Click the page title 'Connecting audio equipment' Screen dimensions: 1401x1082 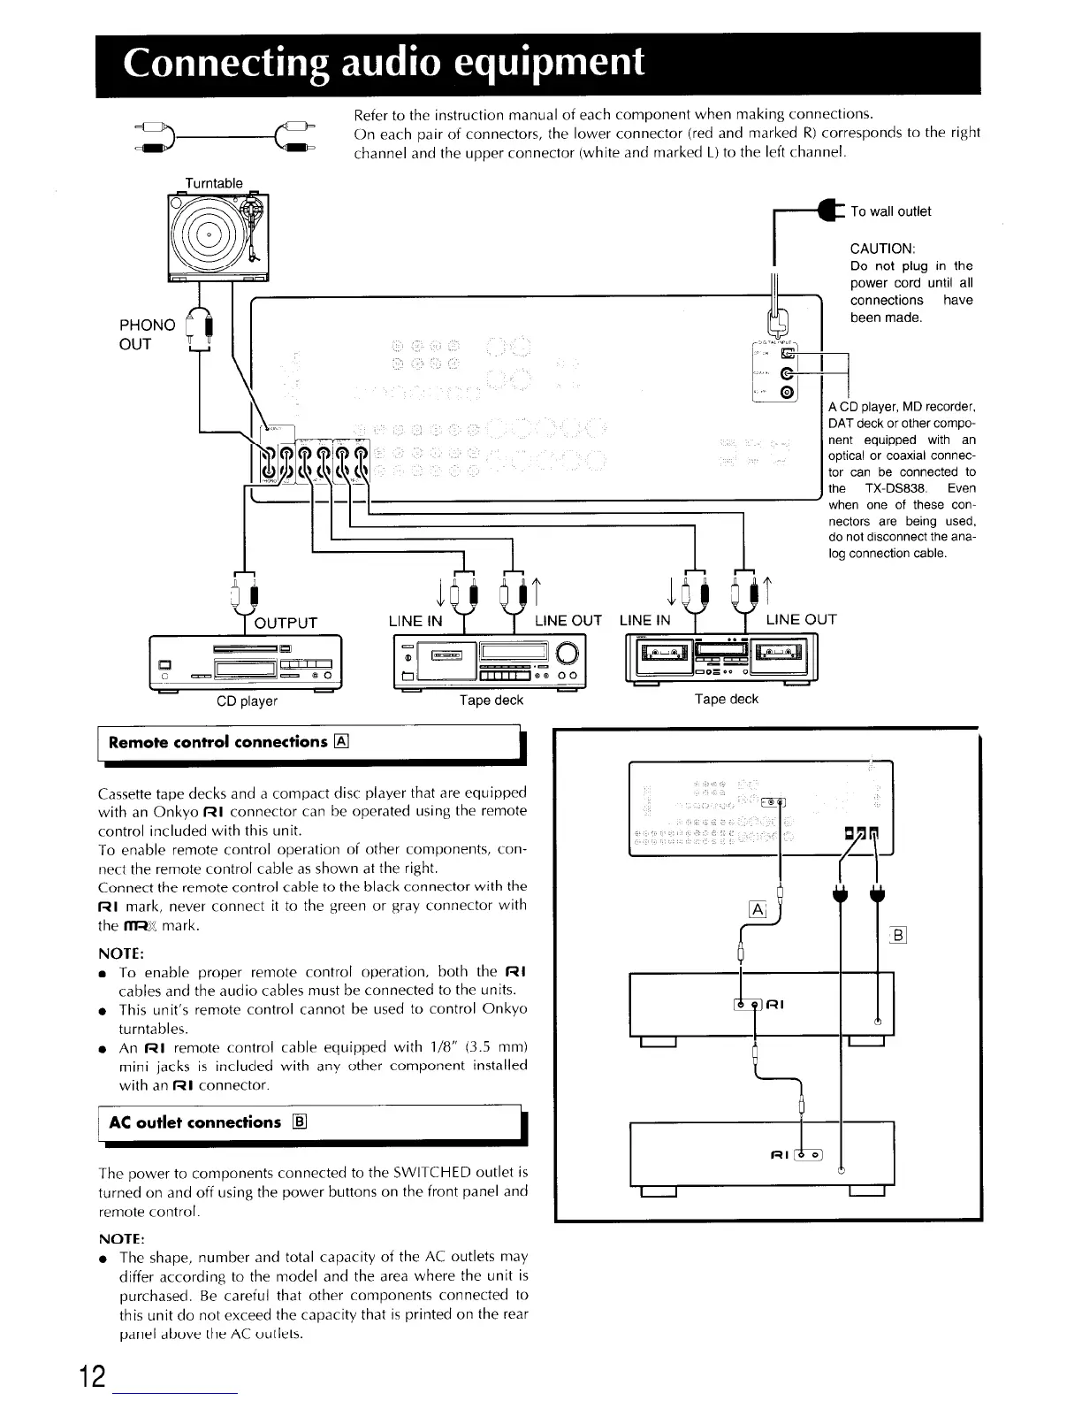[384, 63]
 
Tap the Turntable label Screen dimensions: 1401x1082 [213, 183]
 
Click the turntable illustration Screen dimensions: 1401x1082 [217, 235]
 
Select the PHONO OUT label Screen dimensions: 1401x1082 [147, 335]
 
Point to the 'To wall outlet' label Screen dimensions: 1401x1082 [890, 211]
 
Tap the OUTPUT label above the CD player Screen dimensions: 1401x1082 [286, 623]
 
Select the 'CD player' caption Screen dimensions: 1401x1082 [248, 701]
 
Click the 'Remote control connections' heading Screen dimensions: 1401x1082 [217, 742]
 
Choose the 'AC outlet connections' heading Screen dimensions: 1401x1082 [194, 1122]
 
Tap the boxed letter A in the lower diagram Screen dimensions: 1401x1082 [757, 909]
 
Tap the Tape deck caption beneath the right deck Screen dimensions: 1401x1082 [726, 699]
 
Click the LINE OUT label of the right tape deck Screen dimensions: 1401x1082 [800, 619]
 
